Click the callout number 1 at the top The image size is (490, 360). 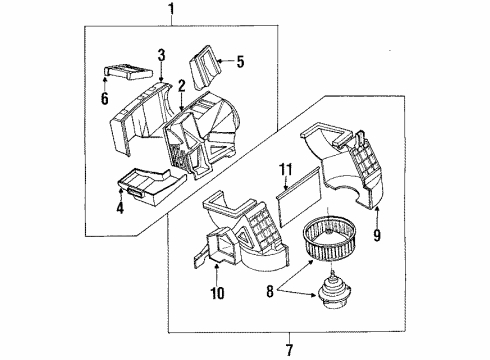(172, 9)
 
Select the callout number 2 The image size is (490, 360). (181, 86)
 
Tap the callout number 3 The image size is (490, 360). (162, 55)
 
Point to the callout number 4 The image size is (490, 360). (120, 208)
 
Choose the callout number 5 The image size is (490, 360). (240, 61)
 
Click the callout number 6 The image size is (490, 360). (105, 98)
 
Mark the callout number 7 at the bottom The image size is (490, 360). (289, 350)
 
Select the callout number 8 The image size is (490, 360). (270, 291)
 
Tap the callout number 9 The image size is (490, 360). (377, 235)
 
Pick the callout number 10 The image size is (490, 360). (217, 293)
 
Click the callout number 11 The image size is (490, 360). (286, 169)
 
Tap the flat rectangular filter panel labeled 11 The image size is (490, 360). (299, 197)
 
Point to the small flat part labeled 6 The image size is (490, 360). (128, 71)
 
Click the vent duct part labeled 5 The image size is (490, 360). (206, 67)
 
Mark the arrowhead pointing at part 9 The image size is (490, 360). (377, 209)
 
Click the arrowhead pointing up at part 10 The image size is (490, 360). (217, 266)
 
